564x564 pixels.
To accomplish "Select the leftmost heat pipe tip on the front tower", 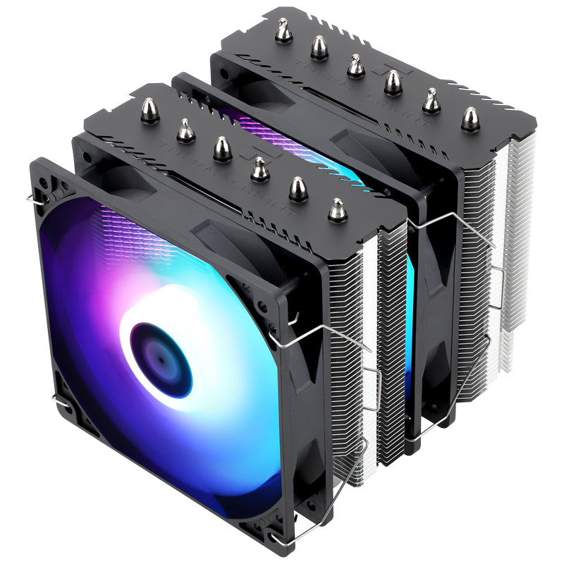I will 149,111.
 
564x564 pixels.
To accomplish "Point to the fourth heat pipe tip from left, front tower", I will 260,169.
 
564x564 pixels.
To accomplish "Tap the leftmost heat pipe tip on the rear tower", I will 283,31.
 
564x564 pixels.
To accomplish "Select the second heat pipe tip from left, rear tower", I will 319,47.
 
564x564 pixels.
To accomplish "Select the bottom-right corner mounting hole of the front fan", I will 295,520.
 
